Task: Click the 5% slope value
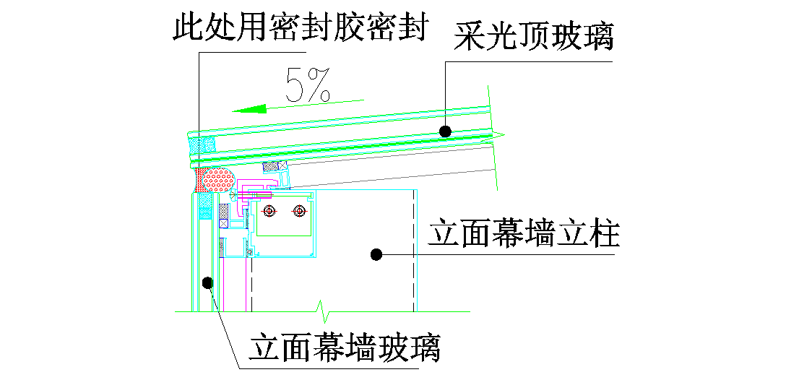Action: pyautogui.click(x=308, y=85)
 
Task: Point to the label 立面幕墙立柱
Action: pyautogui.click(x=524, y=235)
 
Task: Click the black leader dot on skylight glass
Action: pyautogui.click(x=446, y=131)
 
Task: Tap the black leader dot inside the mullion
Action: pyautogui.click(x=376, y=253)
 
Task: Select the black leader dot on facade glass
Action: pyautogui.click(x=208, y=282)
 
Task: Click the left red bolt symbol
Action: pyautogui.click(x=269, y=211)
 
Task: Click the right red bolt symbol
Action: pyautogui.click(x=298, y=211)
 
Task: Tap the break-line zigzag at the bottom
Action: pyautogui.click(x=324, y=312)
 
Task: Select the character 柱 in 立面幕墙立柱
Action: pyautogui.click(x=604, y=235)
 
